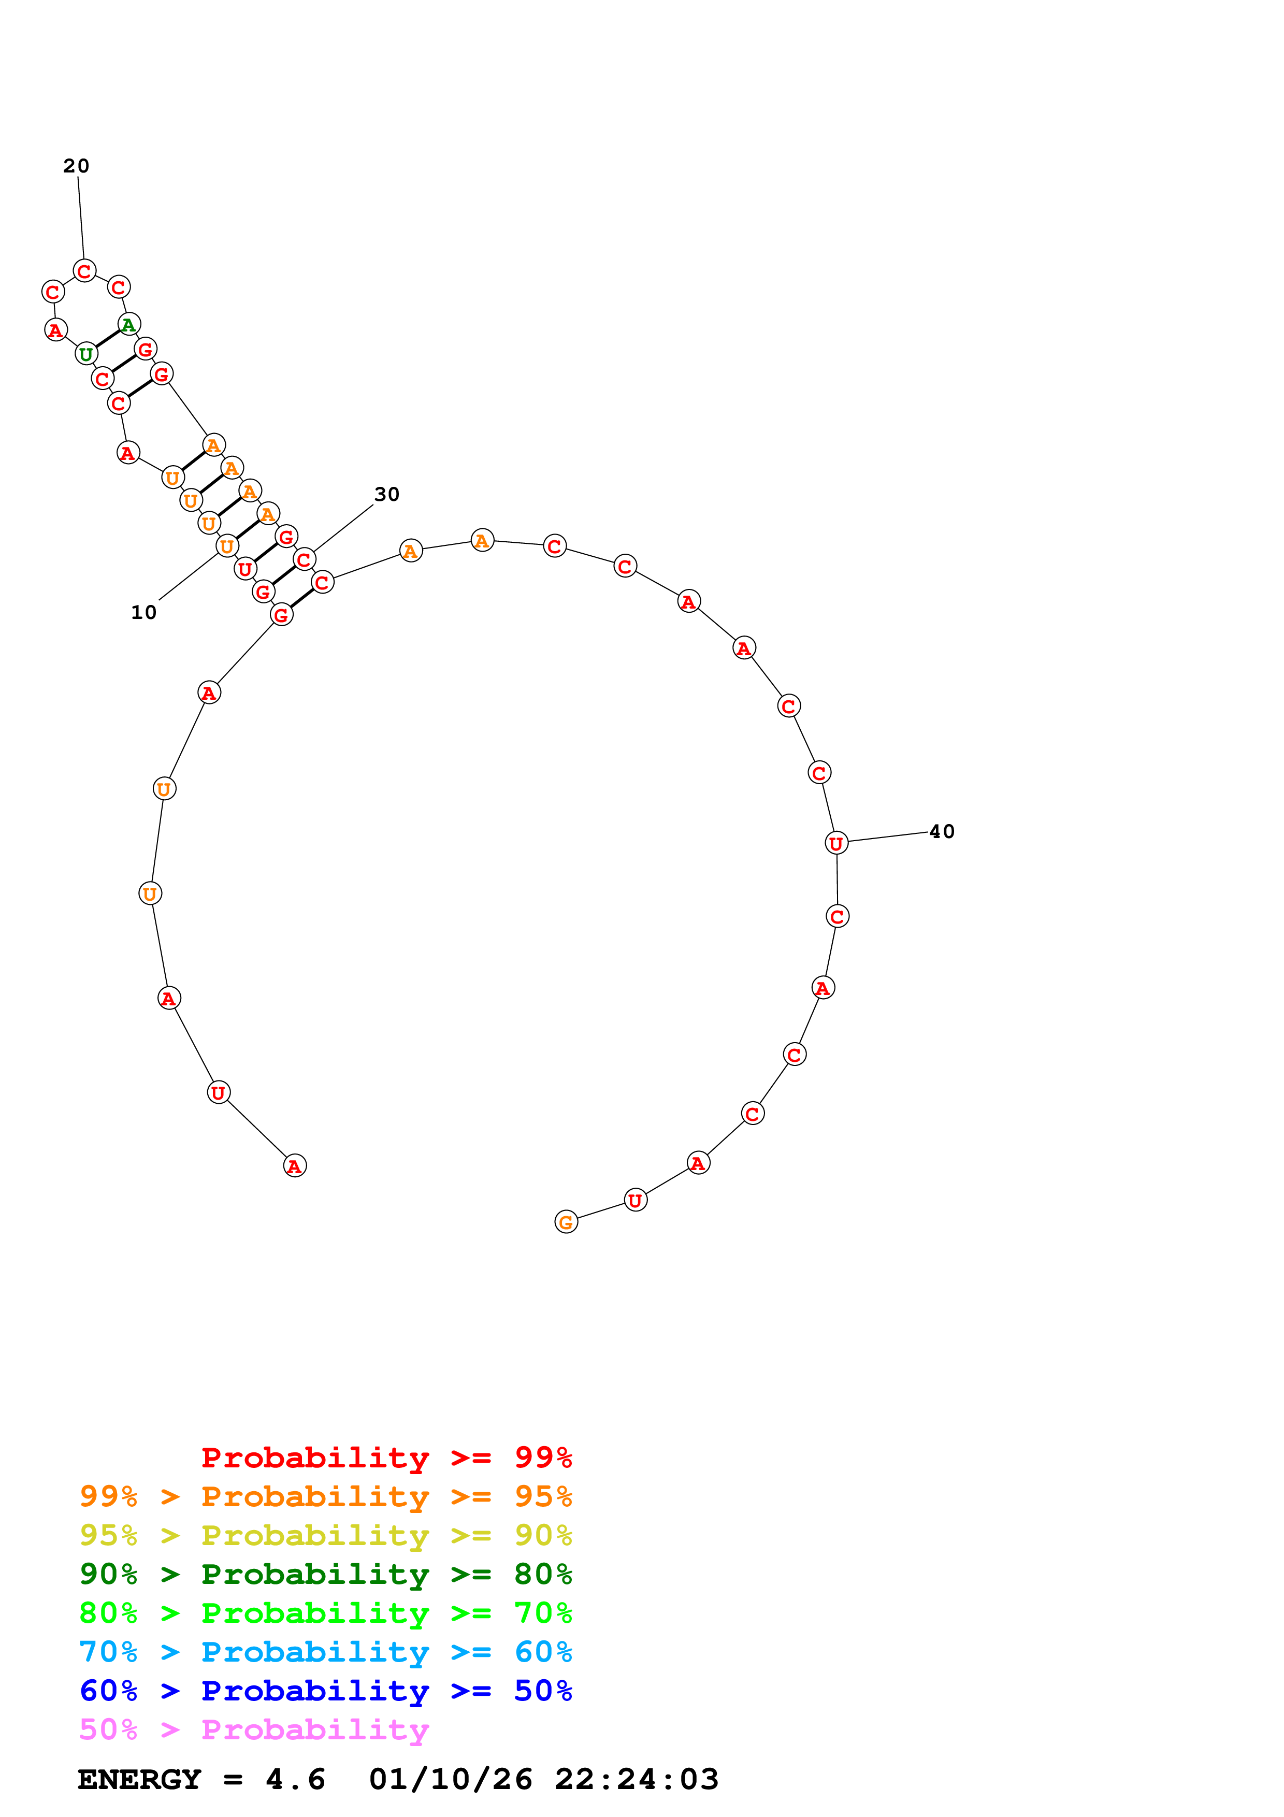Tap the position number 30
click(387, 495)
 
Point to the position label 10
click(144, 613)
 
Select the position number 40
click(942, 832)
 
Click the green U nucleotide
click(86, 354)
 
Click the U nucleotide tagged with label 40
click(836, 844)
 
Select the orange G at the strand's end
click(566, 1223)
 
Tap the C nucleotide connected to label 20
click(84, 271)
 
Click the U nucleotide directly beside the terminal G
click(636, 1201)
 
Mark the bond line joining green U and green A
click(108, 339)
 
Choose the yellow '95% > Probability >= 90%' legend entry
click(325, 1535)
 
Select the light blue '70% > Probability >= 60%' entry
click(325, 1652)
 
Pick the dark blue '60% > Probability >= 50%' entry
click(325, 1691)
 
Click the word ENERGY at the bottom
click(139, 1780)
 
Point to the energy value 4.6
click(295, 1780)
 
